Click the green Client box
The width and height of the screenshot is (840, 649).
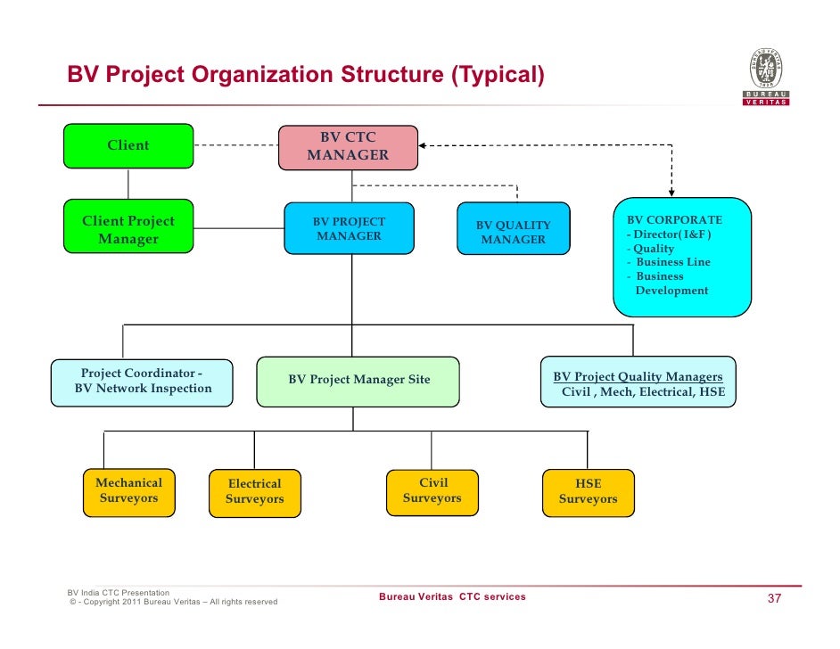128,145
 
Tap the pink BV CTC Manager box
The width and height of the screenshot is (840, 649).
348,146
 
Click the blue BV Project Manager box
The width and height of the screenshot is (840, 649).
349,228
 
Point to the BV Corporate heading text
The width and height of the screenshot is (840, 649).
674,219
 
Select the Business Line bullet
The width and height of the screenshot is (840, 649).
672,262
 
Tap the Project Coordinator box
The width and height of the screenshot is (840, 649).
143,382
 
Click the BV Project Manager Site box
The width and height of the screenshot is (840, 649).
358,381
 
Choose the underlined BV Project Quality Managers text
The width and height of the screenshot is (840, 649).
638,377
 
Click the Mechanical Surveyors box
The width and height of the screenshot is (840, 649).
128,491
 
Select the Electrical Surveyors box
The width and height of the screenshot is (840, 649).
254,492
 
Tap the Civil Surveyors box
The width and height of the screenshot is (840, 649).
432,491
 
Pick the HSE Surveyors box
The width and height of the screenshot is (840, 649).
588,492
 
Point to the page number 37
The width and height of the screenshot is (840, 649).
774,598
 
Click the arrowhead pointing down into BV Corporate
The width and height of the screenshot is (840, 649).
671,191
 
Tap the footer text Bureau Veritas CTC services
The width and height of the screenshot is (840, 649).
452,596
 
